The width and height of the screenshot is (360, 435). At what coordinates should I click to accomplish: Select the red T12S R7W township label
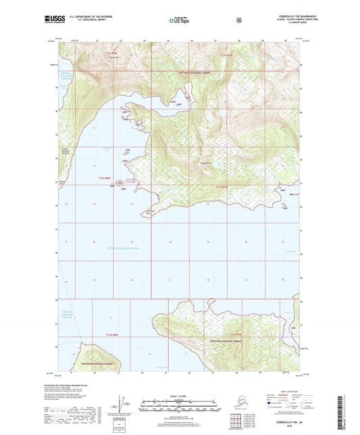[x=223, y=186]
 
